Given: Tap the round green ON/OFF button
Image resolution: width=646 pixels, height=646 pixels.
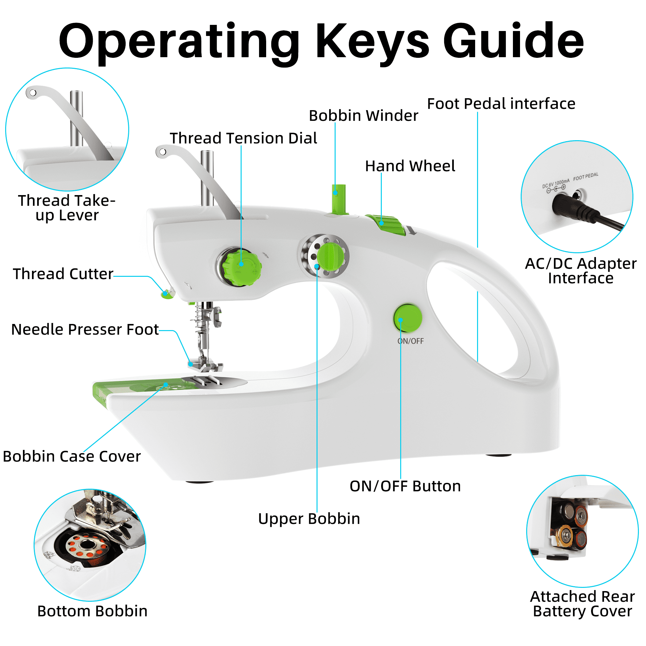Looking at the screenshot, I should (408, 318).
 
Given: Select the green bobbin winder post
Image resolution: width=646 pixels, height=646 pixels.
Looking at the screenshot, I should (339, 199).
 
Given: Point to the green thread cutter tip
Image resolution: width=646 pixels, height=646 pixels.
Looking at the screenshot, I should (167, 294).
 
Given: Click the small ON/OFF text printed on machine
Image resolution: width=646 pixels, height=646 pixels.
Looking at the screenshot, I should (411, 341).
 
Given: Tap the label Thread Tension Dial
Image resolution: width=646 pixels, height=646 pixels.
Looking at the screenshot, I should (243, 139).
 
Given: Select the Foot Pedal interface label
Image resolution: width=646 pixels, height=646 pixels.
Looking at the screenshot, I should (501, 104).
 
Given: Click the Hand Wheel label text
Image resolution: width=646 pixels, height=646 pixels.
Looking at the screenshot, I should (410, 166).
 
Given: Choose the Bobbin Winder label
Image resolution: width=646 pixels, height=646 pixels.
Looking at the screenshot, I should (363, 116).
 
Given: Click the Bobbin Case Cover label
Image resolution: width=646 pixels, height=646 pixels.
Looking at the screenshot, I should (72, 457).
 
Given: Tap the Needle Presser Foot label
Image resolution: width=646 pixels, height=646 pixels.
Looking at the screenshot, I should (85, 330).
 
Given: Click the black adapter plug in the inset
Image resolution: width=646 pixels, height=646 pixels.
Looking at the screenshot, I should (568, 206).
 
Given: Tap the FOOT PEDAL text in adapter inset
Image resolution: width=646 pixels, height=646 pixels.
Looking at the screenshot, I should (586, 177).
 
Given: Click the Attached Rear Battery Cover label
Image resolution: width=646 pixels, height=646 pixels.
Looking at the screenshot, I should (582, 604).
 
